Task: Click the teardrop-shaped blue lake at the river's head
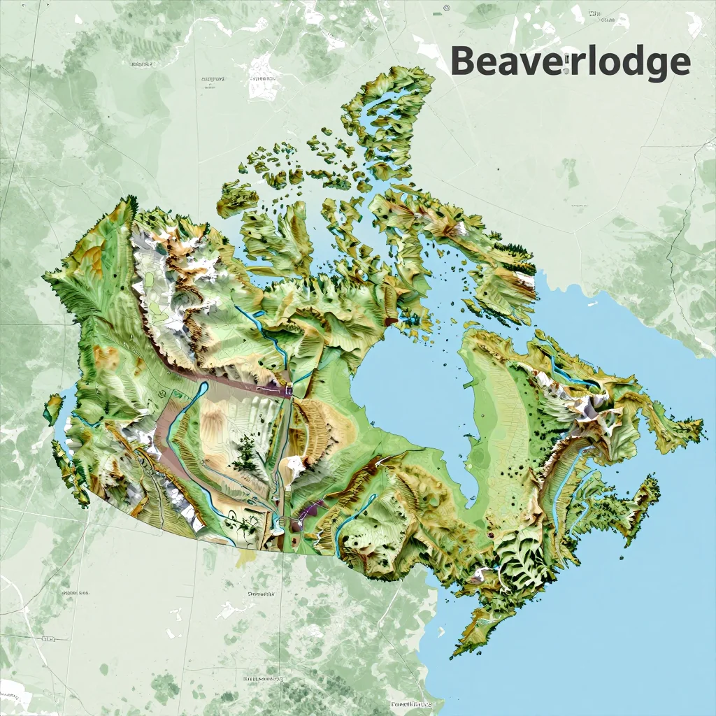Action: point(203,386)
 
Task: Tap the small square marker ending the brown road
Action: point(289,387)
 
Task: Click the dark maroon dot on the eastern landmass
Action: point(489,536)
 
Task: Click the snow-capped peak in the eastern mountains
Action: point(594,406)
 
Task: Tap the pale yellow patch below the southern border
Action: point(246,558)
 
